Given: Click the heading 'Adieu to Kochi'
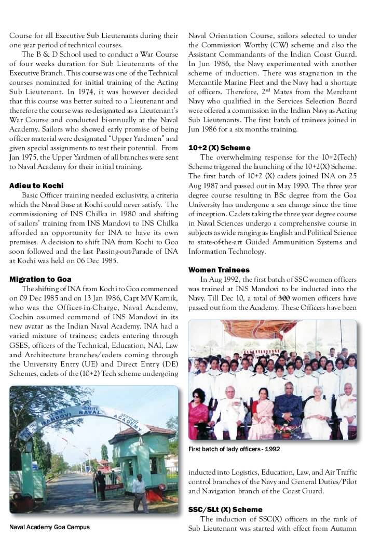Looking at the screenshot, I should click(x=36, y=186).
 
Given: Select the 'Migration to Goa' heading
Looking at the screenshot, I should click(x=40, y=279).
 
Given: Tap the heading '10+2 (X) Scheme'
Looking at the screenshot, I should click(x=219, y=148).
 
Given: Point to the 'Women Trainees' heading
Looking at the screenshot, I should click(x=219, y=270).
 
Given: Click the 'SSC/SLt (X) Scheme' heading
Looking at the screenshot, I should click(x=225, y=509).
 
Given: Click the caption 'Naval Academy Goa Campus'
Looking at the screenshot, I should click(x=49, y=527).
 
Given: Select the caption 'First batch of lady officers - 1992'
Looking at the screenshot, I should click(x=234, y=449).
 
